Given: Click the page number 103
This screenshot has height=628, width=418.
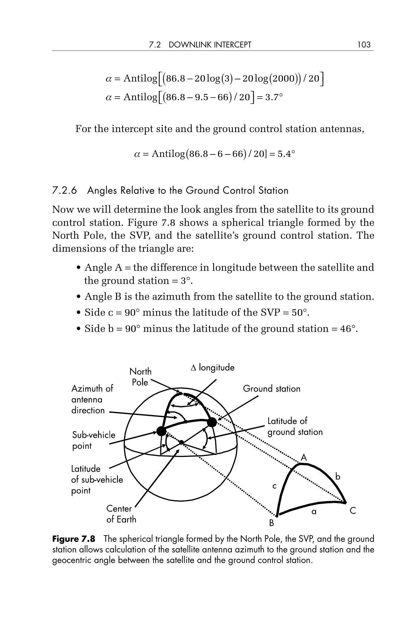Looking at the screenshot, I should [x=364, y=45].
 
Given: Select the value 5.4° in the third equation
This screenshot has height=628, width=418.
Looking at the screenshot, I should [x=286, y=154].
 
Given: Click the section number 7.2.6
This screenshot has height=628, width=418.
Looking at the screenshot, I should [x=64, y=191].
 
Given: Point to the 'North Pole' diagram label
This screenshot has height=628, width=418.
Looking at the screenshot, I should [x=140, y=377].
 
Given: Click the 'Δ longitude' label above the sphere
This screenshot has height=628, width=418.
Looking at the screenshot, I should [x=213, y=368].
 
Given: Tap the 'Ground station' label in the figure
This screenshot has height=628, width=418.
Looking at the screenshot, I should [x=271, y=389].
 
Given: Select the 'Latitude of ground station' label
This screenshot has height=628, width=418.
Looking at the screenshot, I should [x=295, y=426].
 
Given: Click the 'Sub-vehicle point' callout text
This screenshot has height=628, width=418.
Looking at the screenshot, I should [x=93, y=440].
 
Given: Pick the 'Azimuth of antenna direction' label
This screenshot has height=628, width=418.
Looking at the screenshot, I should [x=92, y=399].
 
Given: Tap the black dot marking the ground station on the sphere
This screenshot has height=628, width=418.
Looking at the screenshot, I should [x=212, y=422].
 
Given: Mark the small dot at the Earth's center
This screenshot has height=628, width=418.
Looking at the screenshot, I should [x=181, y=442].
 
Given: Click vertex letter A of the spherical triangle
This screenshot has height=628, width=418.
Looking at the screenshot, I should [x=304, y=458].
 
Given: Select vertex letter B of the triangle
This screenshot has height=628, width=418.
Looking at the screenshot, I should [x=272, y=523].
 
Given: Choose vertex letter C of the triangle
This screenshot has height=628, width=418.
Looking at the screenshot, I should [x=353, y=511].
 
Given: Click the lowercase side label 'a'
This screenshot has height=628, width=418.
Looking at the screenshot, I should [x=314, y=512].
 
